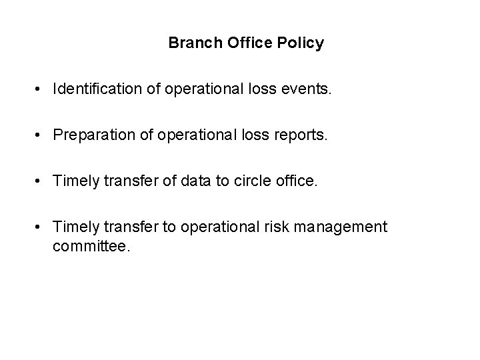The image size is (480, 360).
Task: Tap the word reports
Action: point(303,136)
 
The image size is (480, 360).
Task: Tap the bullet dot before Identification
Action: point(41,89)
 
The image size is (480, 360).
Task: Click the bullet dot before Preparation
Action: point(41,135)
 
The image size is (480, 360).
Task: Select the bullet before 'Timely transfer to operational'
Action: point(41,227)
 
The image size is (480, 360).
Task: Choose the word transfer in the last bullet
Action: point(125,227)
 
